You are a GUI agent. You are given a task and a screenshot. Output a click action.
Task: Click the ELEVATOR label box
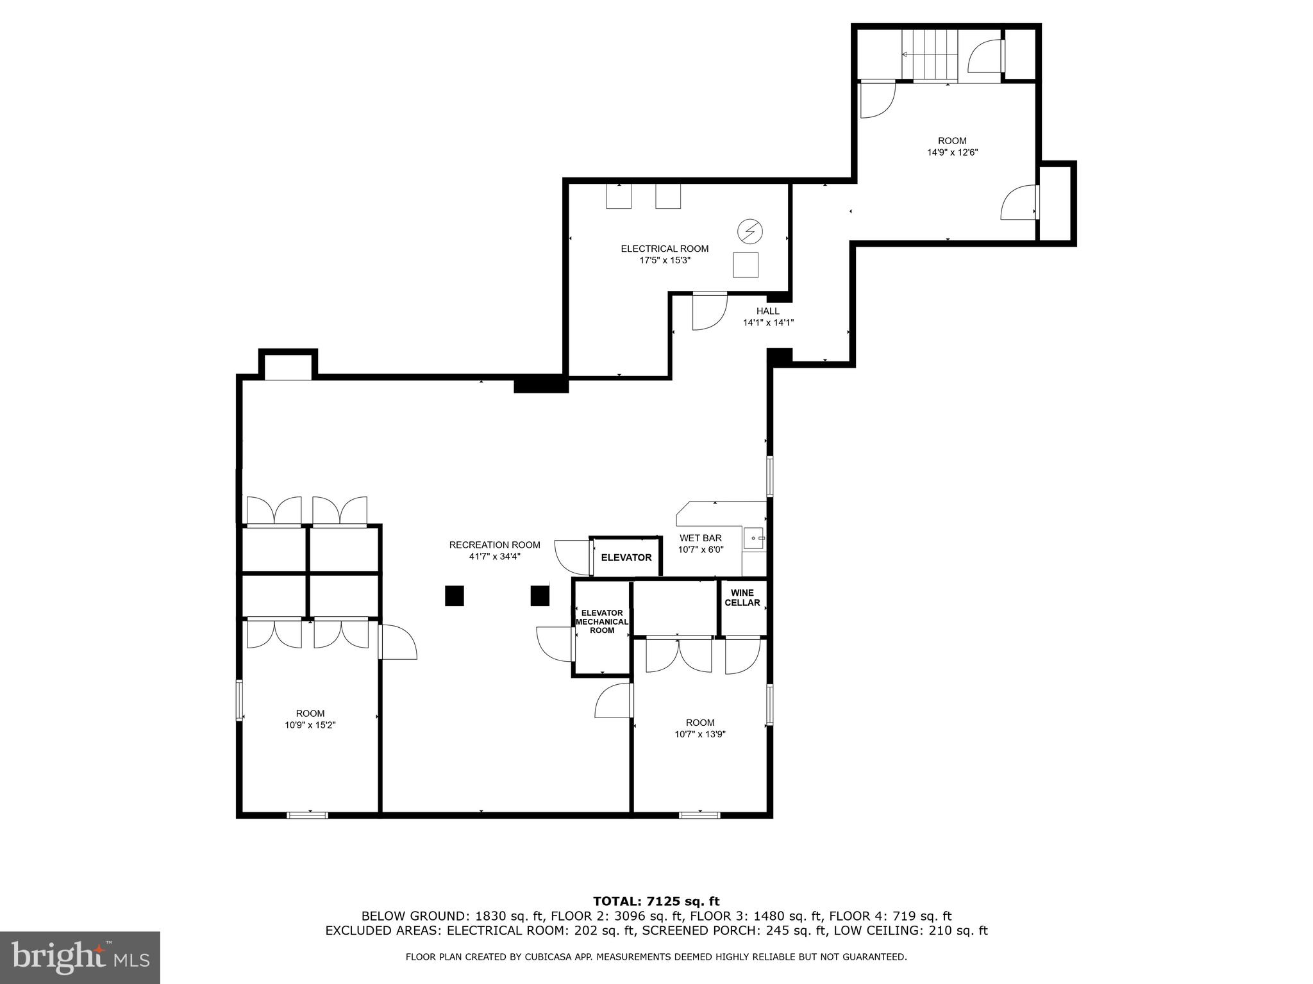click(x=626, y=557)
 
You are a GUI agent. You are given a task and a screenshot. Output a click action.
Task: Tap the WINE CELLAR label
click(x=742, y=598)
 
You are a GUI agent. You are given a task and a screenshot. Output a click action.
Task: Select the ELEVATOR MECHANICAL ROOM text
click(x=601, y=621)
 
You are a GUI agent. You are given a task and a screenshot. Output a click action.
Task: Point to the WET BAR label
click(x=701, y=538)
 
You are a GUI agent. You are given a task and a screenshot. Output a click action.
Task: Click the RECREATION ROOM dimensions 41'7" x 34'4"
click(x=494, y=557)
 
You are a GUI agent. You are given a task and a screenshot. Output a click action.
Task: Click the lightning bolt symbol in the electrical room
click(x=749, y=231)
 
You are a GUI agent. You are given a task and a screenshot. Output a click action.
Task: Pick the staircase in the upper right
click(x=929, y=55)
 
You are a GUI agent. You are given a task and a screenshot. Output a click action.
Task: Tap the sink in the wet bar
click(x=754, y=538)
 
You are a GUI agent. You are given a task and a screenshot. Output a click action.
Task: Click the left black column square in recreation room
click(x=454, y=596)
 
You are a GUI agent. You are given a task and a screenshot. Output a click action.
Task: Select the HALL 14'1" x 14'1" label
click(x=768, y=317)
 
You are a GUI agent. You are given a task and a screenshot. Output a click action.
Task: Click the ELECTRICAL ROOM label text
click(x=664, y=249)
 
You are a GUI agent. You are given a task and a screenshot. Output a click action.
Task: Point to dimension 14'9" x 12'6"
click(x=952, y=152)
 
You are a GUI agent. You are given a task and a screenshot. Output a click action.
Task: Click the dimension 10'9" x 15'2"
click(x=310, y=725)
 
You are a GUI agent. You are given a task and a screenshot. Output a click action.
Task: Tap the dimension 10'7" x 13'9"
click(x=699, y=735)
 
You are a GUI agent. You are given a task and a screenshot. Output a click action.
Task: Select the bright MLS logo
click(x=79, y=957)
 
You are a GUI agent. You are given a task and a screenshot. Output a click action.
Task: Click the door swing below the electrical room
click(x=708, y=313)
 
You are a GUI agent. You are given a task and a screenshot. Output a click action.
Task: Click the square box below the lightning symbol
click(x=746, y=265)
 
